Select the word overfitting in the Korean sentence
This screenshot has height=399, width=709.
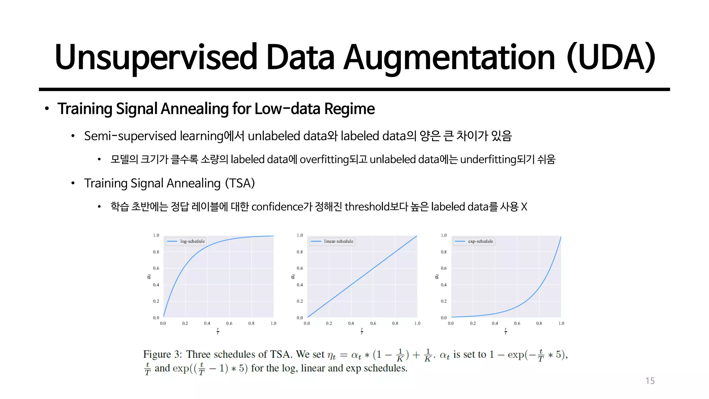[x=324, y=159]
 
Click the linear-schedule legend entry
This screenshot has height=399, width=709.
[x=338, y=241]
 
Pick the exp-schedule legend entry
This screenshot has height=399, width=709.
[x=480, y=241]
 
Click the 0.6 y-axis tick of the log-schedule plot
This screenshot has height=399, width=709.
[x=156, y=268]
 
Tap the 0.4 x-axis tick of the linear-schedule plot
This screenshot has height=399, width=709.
[x=351, y=323]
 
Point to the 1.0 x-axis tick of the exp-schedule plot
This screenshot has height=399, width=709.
[x=561, y=323]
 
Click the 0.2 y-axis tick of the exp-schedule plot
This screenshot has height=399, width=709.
[x=444, y=301]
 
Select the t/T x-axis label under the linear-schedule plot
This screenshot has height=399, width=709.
[x=362, y=331]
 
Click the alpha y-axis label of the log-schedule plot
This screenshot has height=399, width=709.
[x=149, y=276]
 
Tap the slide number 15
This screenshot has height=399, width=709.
[x=650, y=381]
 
